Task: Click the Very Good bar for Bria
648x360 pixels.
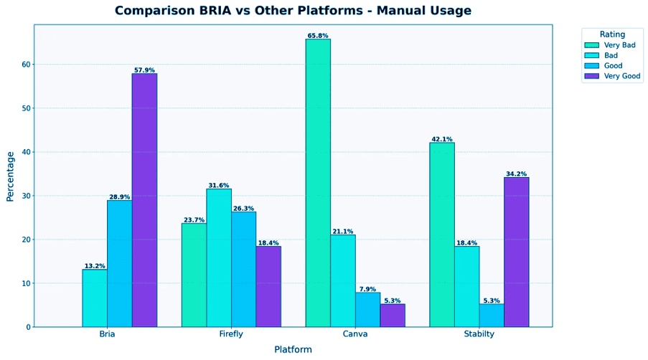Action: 144,200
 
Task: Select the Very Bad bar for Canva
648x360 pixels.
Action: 318,183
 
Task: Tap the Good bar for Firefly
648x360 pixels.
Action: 243,269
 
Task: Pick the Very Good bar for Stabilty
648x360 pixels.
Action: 516,252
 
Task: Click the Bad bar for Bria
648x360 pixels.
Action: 95,298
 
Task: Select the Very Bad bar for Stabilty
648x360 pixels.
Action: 442,235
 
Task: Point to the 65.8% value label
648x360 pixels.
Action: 318,35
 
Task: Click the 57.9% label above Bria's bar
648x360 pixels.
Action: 144,70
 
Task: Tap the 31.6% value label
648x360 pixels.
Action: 219,185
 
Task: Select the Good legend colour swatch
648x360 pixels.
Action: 593,66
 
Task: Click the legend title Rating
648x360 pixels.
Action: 612,34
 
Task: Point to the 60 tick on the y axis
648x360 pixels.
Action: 27,65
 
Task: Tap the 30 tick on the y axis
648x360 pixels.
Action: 27,196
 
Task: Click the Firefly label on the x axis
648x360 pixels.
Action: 231,334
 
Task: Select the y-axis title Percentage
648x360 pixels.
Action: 10,176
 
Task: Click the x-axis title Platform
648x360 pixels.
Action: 293,349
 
